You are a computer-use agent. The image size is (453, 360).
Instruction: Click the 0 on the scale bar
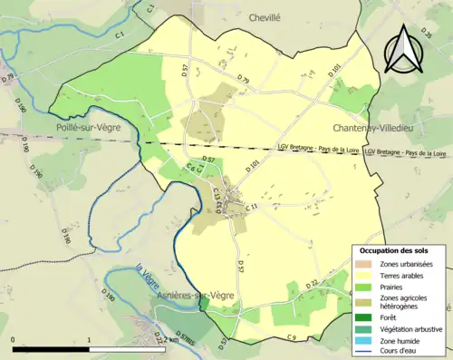coord(14,338)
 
